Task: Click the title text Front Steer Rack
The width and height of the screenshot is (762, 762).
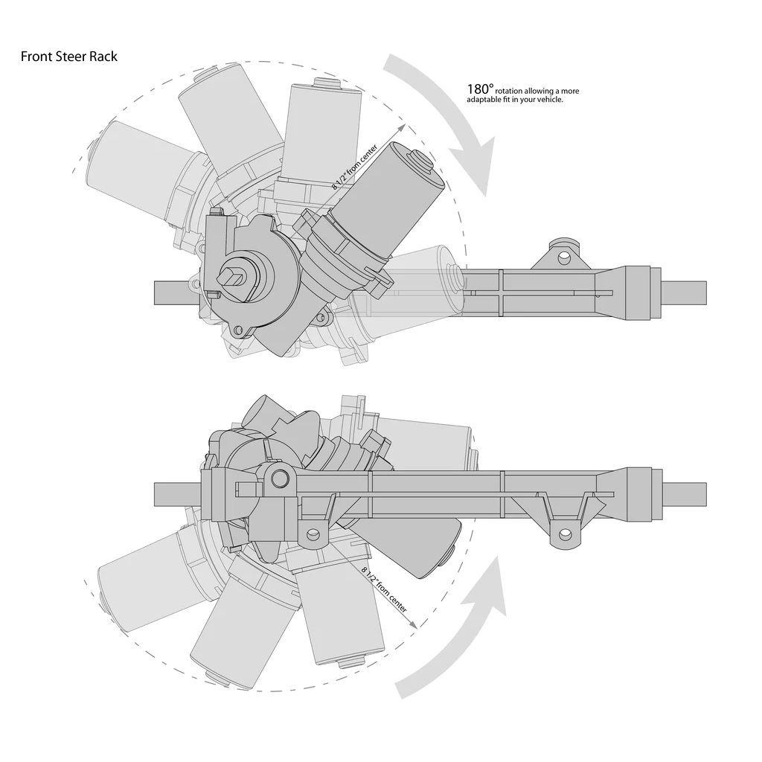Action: (x=68, y=57)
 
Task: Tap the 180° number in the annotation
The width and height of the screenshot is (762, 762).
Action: (x=480, y=88)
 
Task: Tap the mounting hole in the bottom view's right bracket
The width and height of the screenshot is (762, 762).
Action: (x=565, y=534)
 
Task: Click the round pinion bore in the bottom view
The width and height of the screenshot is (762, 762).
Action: (x=280, y=477)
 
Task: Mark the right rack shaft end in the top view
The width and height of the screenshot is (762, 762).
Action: (x=684, y=292)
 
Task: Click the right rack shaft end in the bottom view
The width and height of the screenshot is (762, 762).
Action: (x=684, y=493)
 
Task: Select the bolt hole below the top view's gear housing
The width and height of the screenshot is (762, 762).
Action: (x=238, y=330)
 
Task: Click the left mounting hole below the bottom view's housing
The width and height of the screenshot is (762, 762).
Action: (x=313, y=534)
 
